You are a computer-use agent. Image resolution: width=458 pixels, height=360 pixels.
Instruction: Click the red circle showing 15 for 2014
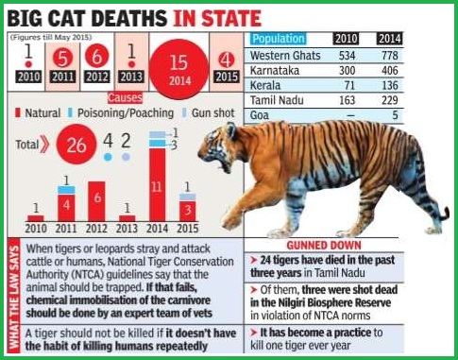click(x=178, y=69)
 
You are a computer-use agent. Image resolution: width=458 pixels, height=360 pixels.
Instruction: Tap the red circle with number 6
click(x=97, y=57)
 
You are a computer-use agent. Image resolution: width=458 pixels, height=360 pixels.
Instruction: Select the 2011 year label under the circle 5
click(x=62, y=77)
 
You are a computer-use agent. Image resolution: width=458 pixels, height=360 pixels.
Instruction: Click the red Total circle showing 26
click(x=76, y=145)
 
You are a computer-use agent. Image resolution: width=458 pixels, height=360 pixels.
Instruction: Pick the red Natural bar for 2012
click(x=96, y=201)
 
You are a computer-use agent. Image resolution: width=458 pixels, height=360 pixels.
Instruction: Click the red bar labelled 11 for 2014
click(x=158, y=184)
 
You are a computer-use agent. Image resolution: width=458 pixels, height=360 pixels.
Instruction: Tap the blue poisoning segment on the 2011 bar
click(x=66, y=190)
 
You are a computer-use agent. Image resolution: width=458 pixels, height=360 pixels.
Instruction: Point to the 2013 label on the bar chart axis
click(x=127, y=229)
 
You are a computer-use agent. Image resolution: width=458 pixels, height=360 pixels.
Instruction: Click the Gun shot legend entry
click(x=209, y=113)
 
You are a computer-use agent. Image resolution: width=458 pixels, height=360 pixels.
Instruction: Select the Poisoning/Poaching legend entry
click(x=121, y=113)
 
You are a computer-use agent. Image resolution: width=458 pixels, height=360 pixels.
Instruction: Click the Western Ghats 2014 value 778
click(x=390, y=56)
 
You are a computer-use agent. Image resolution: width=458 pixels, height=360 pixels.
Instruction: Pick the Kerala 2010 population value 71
click(x=349, y=85)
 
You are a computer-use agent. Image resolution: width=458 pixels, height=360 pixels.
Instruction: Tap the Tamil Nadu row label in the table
click(x=277, y=100)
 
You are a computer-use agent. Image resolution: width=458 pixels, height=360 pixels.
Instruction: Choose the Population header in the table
click(x=279, y=39)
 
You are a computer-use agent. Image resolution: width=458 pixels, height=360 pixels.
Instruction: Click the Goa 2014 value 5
click(x=395, y=115)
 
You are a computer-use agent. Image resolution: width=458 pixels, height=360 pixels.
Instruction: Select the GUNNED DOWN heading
click(x=324, y=246)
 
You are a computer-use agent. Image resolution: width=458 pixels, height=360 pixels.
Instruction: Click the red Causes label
click(x=125, y=97)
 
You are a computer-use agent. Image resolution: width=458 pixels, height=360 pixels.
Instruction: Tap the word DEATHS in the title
click(x=129, y=18)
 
